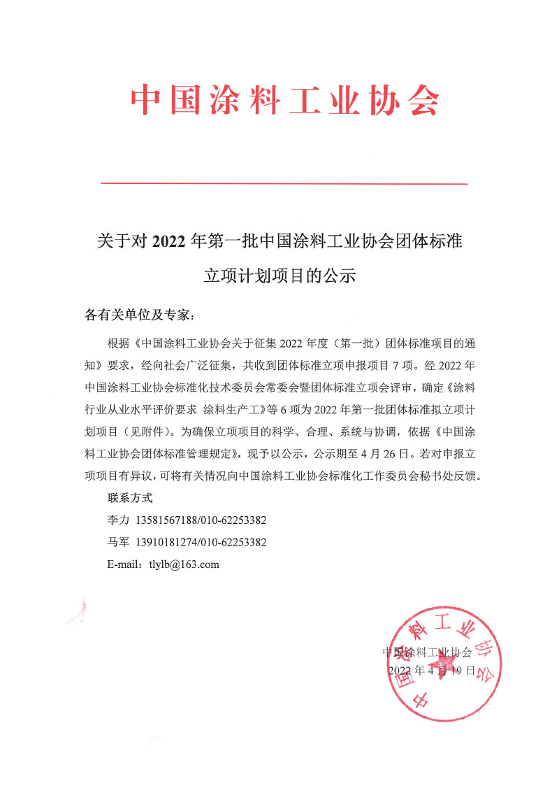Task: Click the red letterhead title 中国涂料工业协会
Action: [x=285, y=101]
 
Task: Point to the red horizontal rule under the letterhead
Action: [x=284, y=183]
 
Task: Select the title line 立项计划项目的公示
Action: [x=279, y=276]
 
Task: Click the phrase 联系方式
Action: [x=130, y=499]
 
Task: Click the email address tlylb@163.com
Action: [x=184, y=564]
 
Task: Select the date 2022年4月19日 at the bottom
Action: [x=432, y=670]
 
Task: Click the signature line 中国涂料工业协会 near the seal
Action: [x=428, y=652]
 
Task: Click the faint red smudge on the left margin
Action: [x=79, y=609]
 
